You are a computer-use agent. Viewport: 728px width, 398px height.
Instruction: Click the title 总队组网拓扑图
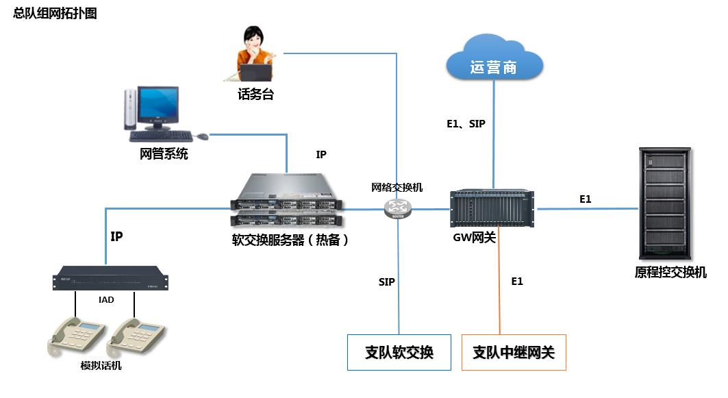pos(55,13)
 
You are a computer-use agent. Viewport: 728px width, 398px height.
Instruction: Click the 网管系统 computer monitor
pos(157,106)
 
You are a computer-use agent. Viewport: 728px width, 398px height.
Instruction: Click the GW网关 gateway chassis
pos(492,209)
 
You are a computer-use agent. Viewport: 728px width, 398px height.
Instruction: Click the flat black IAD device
pos(110,280)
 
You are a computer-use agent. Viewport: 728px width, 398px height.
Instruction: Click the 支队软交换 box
pos(399,352)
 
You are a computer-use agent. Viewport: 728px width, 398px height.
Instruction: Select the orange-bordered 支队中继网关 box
pos(514,352)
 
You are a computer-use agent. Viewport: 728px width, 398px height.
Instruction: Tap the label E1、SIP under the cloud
pos(466,124)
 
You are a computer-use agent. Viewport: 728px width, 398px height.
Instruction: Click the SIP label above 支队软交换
pos(386,282)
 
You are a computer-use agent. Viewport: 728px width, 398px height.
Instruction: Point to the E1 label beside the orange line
pos(517,282)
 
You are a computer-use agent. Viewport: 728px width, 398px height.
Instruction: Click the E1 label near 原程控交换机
pos(585,199)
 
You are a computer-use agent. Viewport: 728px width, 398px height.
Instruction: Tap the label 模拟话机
pos(101,366)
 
